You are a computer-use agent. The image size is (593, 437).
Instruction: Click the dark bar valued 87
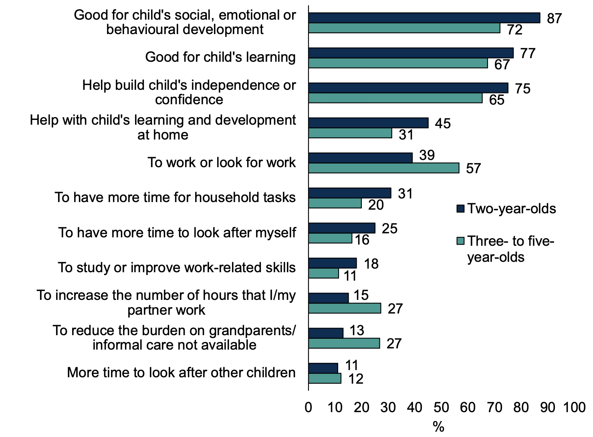424,18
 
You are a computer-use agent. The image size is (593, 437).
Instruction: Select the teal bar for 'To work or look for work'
383,168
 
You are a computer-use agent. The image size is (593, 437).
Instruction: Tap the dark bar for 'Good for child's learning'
411,53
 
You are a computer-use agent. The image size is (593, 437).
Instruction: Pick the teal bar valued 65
395,98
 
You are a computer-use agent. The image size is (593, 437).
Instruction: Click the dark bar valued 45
368,123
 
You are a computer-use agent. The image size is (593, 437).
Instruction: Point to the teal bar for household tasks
335,203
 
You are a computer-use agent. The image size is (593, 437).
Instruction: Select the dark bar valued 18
332,263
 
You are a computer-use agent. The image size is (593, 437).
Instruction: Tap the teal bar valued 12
325,378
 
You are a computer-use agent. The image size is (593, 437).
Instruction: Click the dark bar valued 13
326,333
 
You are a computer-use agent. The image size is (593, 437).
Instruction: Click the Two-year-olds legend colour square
460,209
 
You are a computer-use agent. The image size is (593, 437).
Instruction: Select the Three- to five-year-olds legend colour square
460,241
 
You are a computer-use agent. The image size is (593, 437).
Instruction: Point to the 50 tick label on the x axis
441,408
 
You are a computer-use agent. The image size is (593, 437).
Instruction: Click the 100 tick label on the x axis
574,408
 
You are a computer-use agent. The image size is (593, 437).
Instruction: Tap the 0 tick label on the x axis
309,408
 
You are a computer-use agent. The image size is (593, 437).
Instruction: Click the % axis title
438,427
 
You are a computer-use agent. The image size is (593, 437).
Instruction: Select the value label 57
473,168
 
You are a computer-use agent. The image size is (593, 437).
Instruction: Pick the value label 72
515,30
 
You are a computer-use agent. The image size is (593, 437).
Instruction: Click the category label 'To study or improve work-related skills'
177,267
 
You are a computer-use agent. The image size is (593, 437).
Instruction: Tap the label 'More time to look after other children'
181,372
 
